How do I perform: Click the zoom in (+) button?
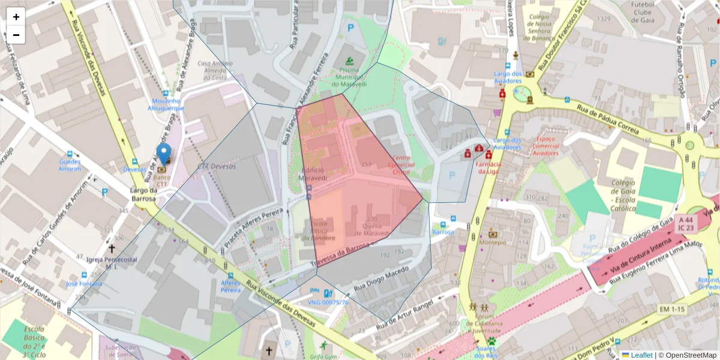[16, 17]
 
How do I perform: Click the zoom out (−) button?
[16, 35]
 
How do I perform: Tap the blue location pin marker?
[163, 155]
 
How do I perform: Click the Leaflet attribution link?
[641, 355]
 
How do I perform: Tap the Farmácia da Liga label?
[488, 167]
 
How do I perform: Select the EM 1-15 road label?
[672, 309]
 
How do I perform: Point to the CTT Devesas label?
[217, 166]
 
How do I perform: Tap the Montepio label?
[493, 242]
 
